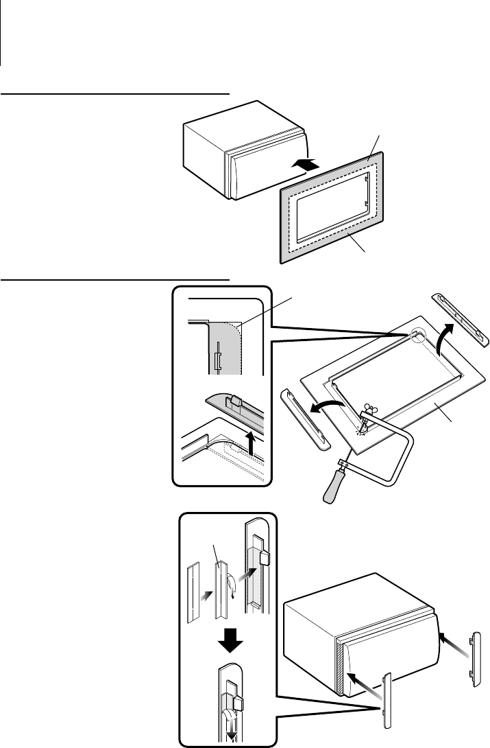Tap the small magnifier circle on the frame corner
click(419, 336)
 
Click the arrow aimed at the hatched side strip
click(360, 680)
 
